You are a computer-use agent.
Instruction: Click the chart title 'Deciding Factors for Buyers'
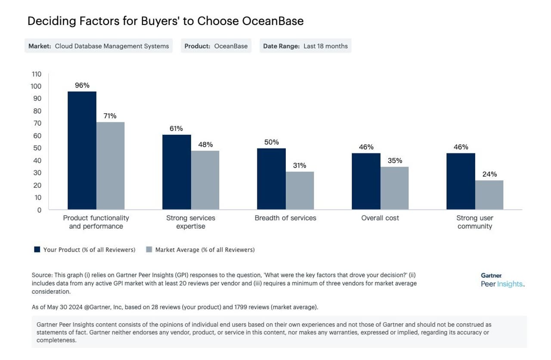(x=165, y=21)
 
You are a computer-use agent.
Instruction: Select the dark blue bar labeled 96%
(x=82, y=151)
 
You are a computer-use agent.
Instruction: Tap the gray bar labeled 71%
(x=110, y=166)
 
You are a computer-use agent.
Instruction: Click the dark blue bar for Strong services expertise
(x=176, y=172)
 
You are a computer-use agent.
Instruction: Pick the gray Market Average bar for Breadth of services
(x=300, y=191)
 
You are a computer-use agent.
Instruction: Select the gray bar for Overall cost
(x=394, y=188)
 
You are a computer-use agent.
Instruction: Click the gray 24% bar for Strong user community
(x=489, y=195)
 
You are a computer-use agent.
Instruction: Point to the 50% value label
(x=272, y=142)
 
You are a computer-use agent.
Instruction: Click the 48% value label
(x=205, y=145)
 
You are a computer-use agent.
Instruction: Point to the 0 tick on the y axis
(x=39, y=210)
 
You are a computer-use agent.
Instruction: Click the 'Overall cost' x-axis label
(x=380, y=218)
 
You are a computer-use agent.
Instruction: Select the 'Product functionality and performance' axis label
(x=96, y=222)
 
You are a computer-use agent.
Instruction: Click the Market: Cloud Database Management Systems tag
(x=99, y=46)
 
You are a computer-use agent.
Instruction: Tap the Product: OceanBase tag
(x=216, y=46)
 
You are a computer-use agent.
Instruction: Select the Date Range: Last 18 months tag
(x=305, y=46)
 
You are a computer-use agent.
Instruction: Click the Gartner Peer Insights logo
(x=502, y=280)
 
